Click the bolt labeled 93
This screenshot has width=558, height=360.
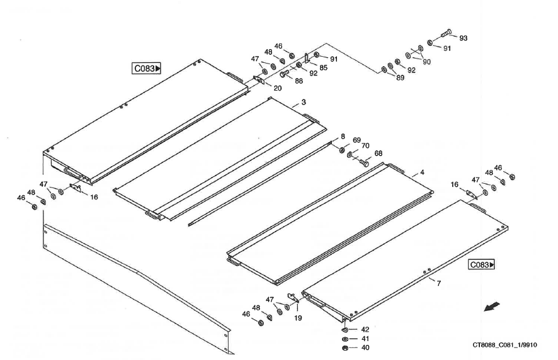(445, 33)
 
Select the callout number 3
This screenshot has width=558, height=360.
(304, 102)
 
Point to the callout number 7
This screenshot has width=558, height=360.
(439, 283)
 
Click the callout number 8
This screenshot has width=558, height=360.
(343, 136)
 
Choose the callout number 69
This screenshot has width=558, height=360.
(356, 140)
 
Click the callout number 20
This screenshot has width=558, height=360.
(278, 88)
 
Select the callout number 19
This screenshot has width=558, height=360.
(298, 318)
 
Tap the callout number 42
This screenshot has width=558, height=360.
(365, 329)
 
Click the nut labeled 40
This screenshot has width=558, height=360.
(344, 348)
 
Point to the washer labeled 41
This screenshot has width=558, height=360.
(344, 339)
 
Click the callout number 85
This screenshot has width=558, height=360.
(323, 67)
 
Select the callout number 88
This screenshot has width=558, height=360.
(299, 81)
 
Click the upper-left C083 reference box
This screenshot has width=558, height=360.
(147, 69)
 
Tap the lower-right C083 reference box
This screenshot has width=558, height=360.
(482, 265)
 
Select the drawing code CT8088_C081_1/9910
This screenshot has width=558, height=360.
(506, 345)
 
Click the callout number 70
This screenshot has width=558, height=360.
(365, 146)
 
